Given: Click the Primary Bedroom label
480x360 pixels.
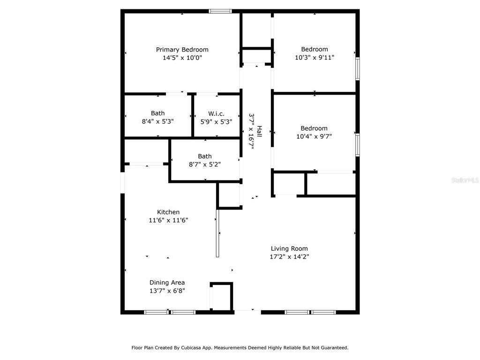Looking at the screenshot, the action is click(182, 50).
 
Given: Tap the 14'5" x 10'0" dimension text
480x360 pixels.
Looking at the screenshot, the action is click(182, 58).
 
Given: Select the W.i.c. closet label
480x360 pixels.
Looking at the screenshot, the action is click(216, 113).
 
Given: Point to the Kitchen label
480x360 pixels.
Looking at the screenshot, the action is click(168, 212).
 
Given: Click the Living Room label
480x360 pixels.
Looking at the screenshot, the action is click(289, 248).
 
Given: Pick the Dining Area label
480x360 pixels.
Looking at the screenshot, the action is click(167, 283).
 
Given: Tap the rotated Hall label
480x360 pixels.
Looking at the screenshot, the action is click(259, 131).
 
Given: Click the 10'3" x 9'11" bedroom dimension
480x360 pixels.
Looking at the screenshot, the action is click(315, 57).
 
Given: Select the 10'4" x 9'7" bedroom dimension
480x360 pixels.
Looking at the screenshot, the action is click(314, 136).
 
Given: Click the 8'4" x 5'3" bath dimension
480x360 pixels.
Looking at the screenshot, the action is click(157, 121).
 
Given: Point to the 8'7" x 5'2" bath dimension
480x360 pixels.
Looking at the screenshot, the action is click(204, 164).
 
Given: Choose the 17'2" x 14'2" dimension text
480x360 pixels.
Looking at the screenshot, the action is click(289, 256).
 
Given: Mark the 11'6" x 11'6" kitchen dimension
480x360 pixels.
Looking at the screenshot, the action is click(168, 220).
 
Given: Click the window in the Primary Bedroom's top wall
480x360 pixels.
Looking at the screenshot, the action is click(220, 11).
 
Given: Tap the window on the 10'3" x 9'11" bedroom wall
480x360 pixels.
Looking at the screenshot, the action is click(357, 69).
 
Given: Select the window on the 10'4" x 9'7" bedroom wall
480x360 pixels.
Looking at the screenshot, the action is click(357, 145).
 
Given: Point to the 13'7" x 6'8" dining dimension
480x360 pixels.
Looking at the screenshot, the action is click(167, 291).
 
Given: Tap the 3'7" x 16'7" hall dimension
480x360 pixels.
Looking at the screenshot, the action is click(251, 131).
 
